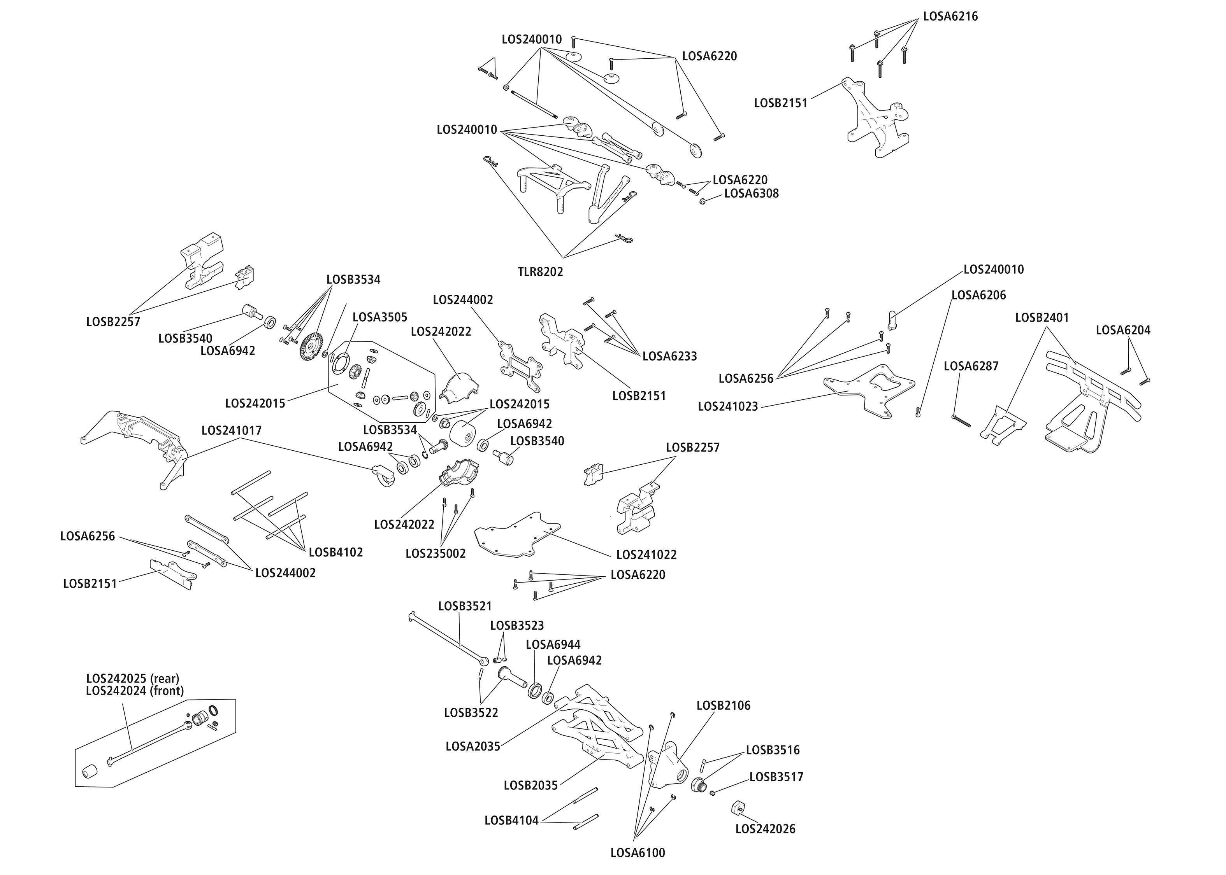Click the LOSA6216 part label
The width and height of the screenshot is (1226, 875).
(x=950, y=16)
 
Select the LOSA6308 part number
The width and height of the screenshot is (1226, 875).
(x=751, y=193)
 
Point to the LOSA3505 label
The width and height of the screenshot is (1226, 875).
(x=379, y=317)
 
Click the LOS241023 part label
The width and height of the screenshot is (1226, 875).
(x=728, y=406)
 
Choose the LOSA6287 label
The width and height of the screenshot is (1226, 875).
(x=971, y=366)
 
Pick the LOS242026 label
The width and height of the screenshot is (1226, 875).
(x=765, y=829)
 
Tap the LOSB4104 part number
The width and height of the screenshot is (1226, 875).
(x=512, y=821)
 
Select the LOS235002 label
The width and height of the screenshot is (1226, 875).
(x=435, y=553)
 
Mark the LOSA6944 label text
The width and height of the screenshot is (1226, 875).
(x=553, y=645)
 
